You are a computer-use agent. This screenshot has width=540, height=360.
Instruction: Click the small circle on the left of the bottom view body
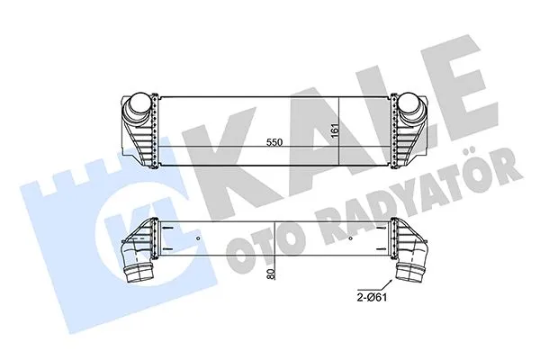point(197,239)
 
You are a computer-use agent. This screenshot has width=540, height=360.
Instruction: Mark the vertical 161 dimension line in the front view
point(340,130)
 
